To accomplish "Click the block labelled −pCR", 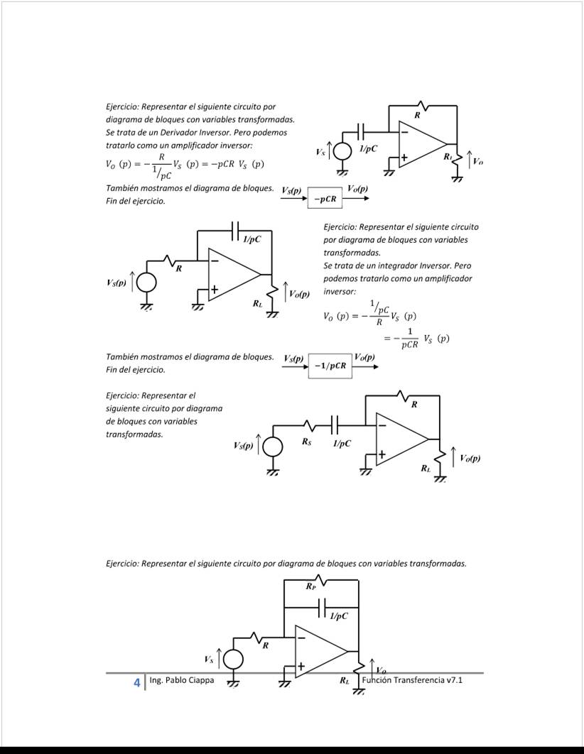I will [325, 200].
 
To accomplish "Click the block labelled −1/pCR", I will [330, 366].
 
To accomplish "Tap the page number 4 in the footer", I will [136, 682].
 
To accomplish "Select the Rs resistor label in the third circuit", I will [306, 442].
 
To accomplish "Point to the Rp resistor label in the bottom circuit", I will [310, 586].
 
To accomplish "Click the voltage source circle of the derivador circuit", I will [342, 152].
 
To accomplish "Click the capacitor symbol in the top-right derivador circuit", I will [362, 131].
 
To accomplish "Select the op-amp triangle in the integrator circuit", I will [231, 274].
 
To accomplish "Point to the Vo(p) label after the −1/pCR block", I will [364, 356].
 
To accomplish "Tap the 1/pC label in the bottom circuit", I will [340, 616].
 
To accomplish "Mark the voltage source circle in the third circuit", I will [273, 447].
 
